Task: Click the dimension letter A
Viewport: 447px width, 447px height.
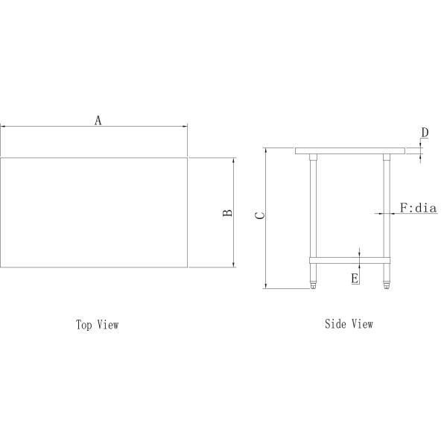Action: click(x=98, y=119)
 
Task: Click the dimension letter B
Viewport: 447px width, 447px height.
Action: click(x=228, y=212)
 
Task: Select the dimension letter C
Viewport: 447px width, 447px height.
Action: click(x=259, y=216)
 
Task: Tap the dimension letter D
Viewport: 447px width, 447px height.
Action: click(x=424, y=133)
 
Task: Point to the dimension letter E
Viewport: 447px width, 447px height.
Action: click(x=355, y=278)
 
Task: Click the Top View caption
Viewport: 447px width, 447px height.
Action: click(x=97, y=325)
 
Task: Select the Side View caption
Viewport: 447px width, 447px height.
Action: click(x=349, y=324)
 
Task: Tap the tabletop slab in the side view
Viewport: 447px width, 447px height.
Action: click(x=350, y=150)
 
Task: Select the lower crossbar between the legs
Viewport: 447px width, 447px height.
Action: click(x=350, y=259)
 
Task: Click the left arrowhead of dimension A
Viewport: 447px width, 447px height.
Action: click(x=2, y=127)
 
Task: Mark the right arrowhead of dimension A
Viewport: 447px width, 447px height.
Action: click(x=185, y=127)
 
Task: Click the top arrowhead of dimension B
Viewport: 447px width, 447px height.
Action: click(x=234, y=159)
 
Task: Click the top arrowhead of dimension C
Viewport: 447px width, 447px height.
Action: click(x=265, y=150)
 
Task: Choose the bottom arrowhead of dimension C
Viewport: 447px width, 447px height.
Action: click(x=265, y=286)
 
